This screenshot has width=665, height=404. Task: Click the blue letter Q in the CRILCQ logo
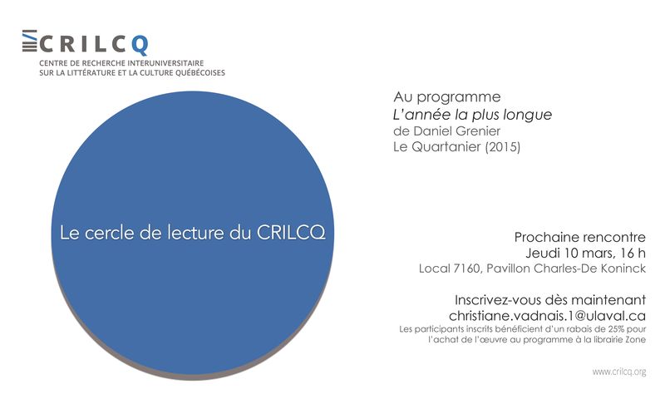pyautogui.click(x=140, y=45)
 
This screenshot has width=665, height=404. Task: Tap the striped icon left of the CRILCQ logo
pyautogui.click(x=29, y=41)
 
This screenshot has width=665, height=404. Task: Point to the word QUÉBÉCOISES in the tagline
pyautogui.click(x=199, y=72)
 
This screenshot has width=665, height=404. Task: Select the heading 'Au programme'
pyautogui.click(x=447, y=97)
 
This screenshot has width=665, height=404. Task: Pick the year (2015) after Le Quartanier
pyautogui.click(x=503, y=147)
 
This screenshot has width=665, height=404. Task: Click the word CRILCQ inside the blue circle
pyautogui.click(x=291, y=233)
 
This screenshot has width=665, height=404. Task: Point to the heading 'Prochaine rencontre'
pyautogui.click(x=579, y=238)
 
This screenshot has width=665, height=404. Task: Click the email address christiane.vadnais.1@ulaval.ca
pyautogui.click(x=547, y=316)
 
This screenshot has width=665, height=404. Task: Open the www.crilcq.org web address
pyautogui.click(x=619, y=372)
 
